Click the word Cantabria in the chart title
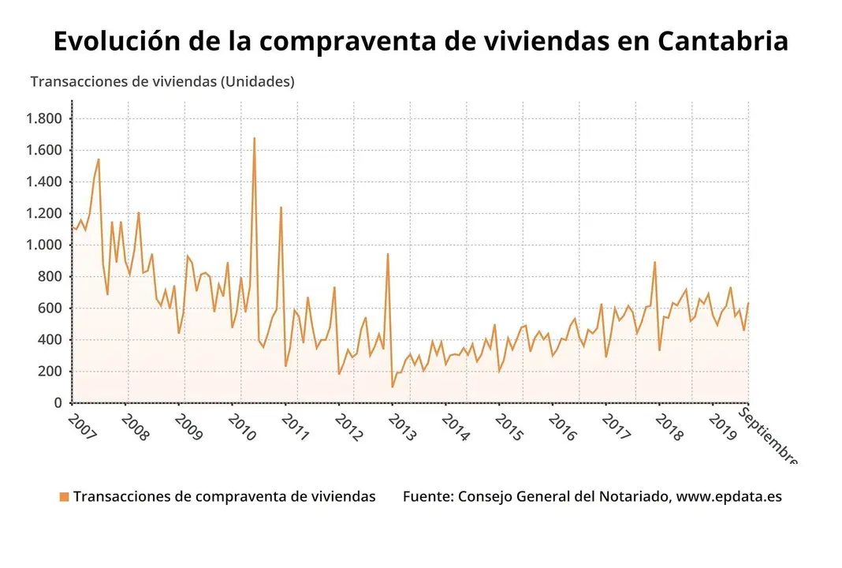(x=722, y=41)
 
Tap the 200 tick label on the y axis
(x=52, y=372)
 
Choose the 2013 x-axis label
(x=402, y=428)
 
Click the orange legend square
(x=64, y=497)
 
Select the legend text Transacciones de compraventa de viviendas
(x=224, y=497)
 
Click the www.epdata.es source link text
(x=728, y=497)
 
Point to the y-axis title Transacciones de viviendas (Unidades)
(x=162, y=82)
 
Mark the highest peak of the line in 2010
(x=254, y=138)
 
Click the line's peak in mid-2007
(x=99, y=159)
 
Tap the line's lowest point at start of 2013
(x=392, y=387)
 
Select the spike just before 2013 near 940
(x=387, y=254)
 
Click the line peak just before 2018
(x=654, y=262)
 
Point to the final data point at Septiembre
(x=748, y=303)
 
